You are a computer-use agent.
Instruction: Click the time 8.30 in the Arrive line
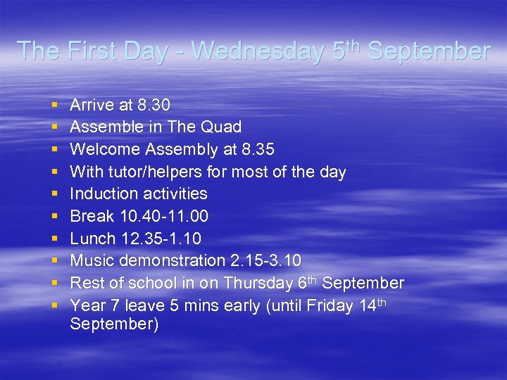(154, 106)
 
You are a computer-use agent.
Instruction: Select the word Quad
(220, 127)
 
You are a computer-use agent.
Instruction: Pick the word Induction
(104, 194)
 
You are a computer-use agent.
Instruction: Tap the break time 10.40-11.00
(163, 216)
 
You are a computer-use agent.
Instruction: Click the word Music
(91, 261)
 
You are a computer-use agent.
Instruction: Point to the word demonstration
(171, 261)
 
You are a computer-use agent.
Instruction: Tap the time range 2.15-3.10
(265, 261)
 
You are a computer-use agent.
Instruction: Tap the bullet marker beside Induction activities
(55, 194)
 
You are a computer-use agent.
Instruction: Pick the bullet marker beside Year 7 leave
(55, 306)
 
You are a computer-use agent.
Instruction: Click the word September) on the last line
(114, 324)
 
